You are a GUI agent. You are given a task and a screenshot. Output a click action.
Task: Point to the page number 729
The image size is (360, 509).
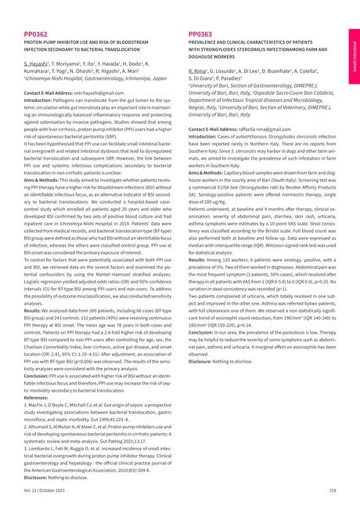[332, 489]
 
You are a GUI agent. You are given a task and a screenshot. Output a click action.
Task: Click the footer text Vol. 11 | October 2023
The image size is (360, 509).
[49, 489]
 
